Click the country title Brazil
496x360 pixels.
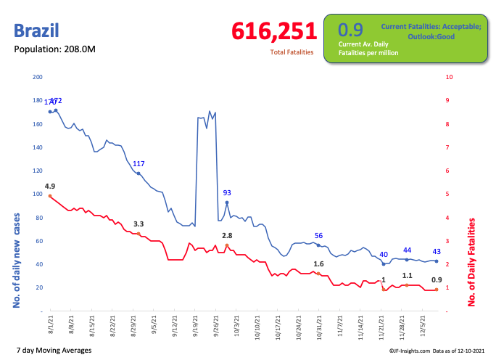point(36,31)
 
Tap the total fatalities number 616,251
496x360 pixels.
point(274,31)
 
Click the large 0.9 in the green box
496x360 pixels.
point(351,30)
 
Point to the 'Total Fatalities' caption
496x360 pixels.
point(292,52)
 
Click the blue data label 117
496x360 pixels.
point(139,163)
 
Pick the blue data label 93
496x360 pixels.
point(227,192)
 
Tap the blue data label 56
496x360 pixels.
point(318,236)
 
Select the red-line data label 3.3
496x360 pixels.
point(139,224)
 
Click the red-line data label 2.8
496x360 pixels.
point(227,236)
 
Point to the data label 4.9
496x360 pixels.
point(50,186)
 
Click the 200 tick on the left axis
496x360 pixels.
point(38,77)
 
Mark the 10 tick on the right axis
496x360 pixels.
point(450,77)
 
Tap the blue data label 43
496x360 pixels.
point(437,251)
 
